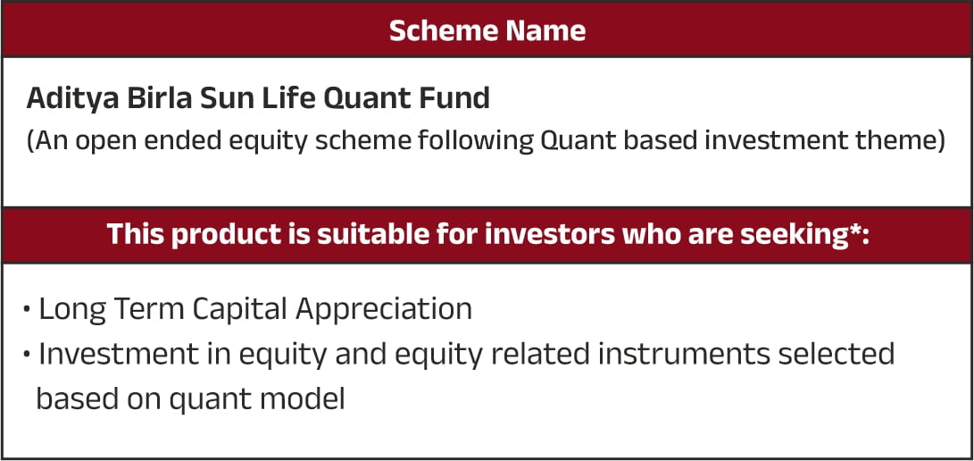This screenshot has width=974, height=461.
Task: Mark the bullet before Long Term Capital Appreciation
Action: pos(27,309)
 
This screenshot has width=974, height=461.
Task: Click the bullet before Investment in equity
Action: pos(27,354)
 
